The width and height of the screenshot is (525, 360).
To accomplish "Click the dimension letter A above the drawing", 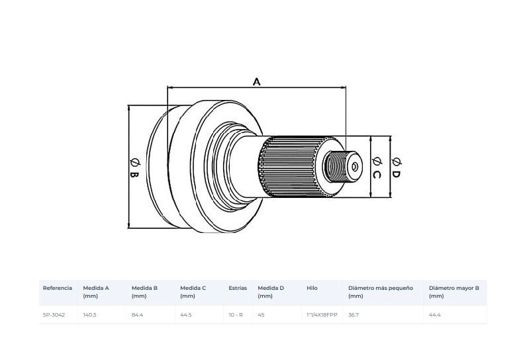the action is (x=256, y=81).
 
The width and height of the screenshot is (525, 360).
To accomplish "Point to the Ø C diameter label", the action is (x=377, y=167).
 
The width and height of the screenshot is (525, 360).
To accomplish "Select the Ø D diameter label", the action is (x=396, y=167).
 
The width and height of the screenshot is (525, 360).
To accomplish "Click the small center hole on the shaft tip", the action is (x=355, y=166).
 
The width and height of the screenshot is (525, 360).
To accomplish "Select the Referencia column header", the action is (x=57, y=288).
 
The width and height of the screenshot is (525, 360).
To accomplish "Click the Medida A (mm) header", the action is (x=96, y=292).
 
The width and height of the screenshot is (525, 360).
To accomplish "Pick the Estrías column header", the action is (x=238, y=288).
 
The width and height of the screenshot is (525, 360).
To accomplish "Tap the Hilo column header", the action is (x=312, y=288).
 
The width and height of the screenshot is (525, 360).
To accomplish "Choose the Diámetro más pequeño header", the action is (x=381, y=292).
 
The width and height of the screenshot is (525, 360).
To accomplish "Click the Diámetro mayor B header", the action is (x=454, y=292).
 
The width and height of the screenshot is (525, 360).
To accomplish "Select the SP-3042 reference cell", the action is (x=54, y=315).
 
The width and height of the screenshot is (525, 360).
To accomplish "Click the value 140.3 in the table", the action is (x=89, y=315).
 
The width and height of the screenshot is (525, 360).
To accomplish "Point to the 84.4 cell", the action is (x=137, y=315).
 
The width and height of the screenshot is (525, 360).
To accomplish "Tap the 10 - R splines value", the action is (x=236, y=315).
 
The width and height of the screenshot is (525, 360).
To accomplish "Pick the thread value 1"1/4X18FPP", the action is (x=322, y=315).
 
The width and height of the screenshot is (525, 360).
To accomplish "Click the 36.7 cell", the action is (x=354, y=315).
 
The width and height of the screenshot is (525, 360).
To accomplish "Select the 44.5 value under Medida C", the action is (x=186, y=315).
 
